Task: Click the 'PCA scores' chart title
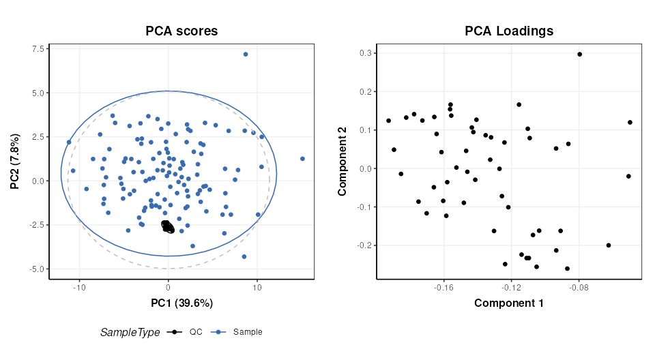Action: [x=181, y=31]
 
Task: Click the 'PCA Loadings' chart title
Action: [x=509, y=31]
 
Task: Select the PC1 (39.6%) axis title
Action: [x=181, y=303]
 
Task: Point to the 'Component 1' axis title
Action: [x=509, y=303]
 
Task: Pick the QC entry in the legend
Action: [x=188, y=332]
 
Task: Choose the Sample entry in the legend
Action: [x=239, y=332]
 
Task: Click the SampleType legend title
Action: [x=130, y=332]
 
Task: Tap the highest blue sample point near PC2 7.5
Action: [x=246, y=55]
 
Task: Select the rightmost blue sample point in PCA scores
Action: [x=302, y=159]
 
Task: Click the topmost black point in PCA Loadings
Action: [x=579, y=54]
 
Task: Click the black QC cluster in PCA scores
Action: [x=167, y=227]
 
